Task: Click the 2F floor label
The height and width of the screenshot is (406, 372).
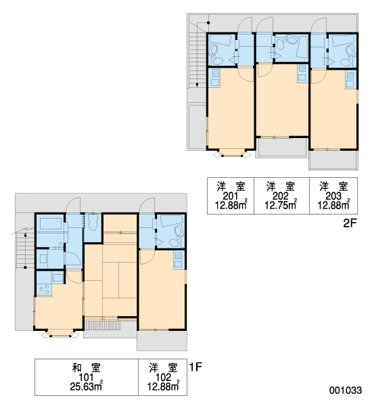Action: click(x=350, y=223)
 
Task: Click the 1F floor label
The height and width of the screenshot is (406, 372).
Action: click(x=195, y=367)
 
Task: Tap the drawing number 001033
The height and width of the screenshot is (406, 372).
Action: click(x=346, y=390)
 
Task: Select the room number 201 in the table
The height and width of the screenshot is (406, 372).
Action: click(x=230, y=196)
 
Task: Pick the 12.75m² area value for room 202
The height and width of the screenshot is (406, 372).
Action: click(x=281, y=205)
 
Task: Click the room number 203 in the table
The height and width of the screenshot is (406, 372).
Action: click(x=333, y=196)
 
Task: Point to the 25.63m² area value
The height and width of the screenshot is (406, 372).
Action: click(x=87, y=386)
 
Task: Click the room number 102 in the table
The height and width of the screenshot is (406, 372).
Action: click(x=164, y=378)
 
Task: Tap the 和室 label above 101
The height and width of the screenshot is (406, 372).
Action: click(x=86, y=367)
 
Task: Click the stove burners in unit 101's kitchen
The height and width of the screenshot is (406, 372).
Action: click(x=44, y=289)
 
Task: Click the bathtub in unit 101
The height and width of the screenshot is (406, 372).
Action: click(x=51, y=224)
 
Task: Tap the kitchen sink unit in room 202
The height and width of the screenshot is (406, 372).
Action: click(x=302, y=74)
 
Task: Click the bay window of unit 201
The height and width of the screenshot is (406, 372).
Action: click(x=232, y=154)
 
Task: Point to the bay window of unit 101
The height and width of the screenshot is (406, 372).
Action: click(x=60, y=333)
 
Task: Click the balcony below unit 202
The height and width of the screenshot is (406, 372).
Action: click(x=282, y=147)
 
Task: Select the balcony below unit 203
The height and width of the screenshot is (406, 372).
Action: click(x=333, y=160)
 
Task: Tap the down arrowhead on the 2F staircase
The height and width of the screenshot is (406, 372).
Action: click(x=197, y=85)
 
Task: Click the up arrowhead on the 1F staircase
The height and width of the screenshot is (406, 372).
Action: click(x=26, y=235)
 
